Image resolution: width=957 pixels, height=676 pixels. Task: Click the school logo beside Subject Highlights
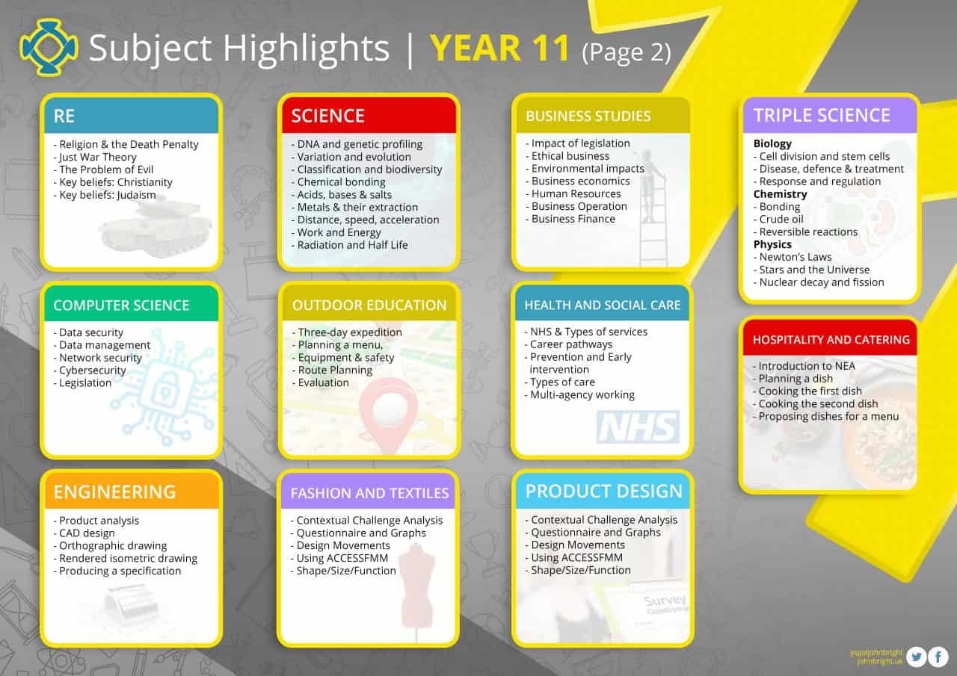[49, 47]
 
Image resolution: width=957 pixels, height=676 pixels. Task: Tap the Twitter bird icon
[916, 657]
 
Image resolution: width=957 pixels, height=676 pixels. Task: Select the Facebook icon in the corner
[938, 657]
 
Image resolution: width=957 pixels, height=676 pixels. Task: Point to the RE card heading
[64, 116]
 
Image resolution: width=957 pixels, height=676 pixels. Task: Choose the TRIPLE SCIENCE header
[822, 115]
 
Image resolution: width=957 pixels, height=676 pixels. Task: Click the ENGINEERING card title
[114, 492]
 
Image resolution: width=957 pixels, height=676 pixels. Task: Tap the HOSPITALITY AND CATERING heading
[831, 340]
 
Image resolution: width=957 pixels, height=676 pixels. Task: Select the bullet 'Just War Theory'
[95, 157]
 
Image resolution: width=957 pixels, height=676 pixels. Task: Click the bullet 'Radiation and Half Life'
[349, 245]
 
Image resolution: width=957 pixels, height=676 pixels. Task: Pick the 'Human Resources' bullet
[573, 193]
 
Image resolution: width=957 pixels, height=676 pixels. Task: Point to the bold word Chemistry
[780, 194]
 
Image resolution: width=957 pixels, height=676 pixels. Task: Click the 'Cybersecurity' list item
[89, 370]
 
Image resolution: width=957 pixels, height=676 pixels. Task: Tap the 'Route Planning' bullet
[332, 370]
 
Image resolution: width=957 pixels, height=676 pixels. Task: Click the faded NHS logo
[638, 427]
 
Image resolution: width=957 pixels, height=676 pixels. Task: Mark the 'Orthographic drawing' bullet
[110, 546]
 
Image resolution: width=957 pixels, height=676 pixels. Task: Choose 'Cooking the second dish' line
[815, 403]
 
